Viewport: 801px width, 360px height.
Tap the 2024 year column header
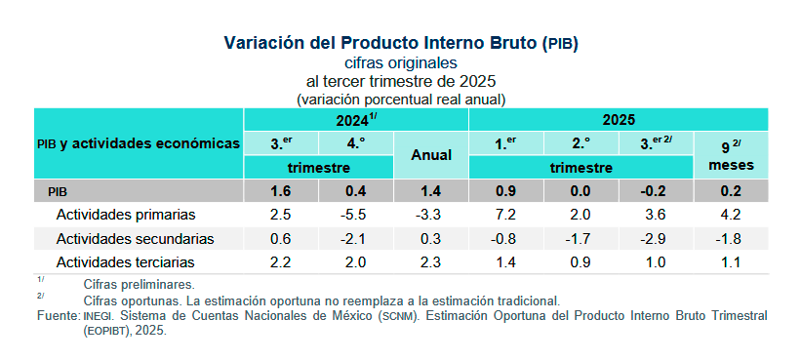point(356,120)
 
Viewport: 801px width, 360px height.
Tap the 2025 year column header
point(619,120)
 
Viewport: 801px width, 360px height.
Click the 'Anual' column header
point(430,155)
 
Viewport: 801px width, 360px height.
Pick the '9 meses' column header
point(731,155)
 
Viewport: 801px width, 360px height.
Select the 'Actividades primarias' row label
point(126,215)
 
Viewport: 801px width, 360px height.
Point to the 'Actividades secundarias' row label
point(135,238)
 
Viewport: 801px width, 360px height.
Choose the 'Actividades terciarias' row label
point(126,262)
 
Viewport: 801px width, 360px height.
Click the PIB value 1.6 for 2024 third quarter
point(280,191)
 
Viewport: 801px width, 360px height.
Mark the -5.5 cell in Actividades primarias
point(355,215)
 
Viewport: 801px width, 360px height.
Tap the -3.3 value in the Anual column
point(430,215)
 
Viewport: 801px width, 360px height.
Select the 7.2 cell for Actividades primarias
point(505,215)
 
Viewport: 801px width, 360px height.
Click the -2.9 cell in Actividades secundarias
point(656,238)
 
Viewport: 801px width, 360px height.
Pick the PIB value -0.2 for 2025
point(656,191)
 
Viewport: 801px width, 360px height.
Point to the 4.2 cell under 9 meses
point(731,215)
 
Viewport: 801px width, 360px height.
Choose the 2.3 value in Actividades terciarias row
point(430,262)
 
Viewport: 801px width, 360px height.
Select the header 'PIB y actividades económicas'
point(138,143)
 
